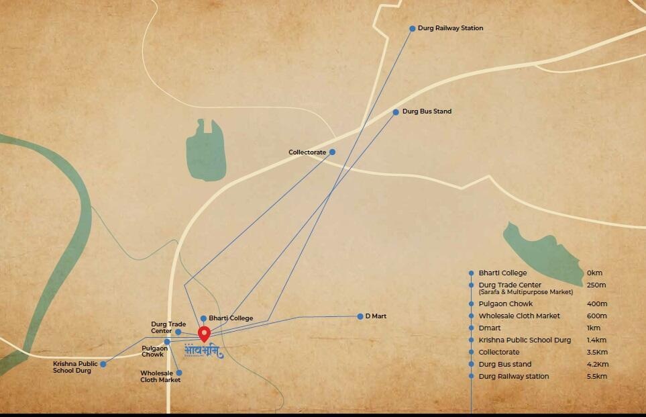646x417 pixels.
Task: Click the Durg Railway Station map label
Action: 450,28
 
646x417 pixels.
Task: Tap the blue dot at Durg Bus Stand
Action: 396,111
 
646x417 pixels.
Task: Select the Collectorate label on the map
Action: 307,152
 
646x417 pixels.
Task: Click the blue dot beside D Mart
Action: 360,316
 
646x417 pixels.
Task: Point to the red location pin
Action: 205,334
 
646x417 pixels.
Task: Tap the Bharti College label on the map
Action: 231,318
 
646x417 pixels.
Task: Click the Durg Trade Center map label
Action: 168,328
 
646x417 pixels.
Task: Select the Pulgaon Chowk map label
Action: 154,351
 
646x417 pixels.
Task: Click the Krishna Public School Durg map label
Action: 75,367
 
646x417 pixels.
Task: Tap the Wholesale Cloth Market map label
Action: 160,377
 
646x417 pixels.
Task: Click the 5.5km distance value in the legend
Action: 596,377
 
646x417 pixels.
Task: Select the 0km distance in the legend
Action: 594,273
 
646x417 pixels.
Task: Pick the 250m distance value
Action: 596,285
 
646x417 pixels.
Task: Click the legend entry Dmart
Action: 490,328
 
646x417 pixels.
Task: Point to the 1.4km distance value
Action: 596,340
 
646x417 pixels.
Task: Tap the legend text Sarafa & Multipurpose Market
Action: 526,293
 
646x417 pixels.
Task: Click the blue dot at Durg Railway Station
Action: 413,29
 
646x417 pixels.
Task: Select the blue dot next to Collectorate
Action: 332,152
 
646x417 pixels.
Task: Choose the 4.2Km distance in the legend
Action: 596,365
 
